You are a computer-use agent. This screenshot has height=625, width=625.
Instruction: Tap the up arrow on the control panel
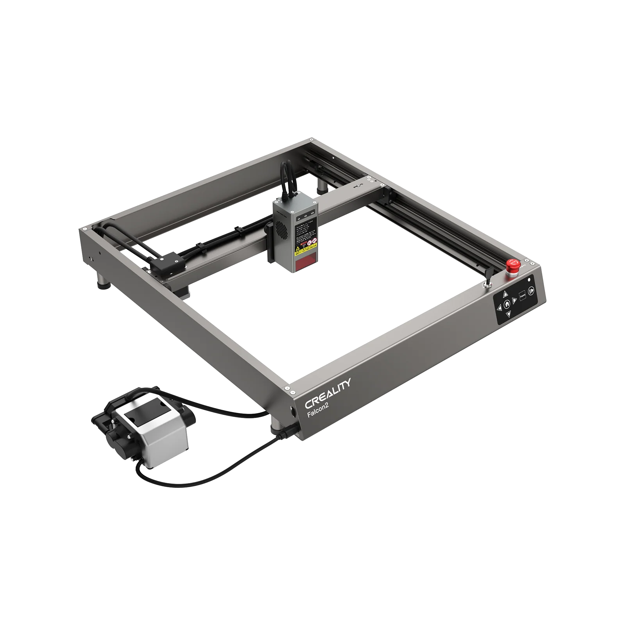505,294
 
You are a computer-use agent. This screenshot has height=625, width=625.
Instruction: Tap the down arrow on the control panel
509,314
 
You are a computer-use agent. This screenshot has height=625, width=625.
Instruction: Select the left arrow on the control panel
499,308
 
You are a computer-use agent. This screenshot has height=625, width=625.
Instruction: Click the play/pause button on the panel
531,291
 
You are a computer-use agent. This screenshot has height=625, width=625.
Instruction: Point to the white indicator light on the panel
529,279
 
